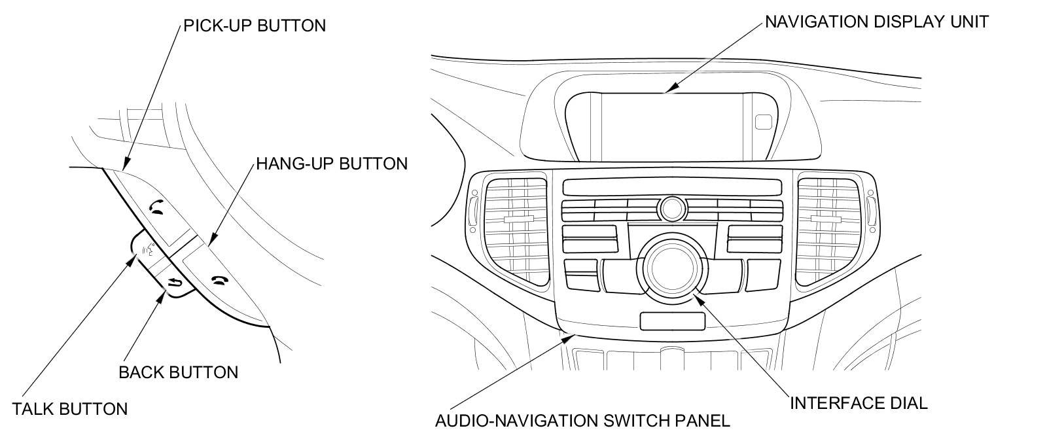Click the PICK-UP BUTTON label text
pos(254,26)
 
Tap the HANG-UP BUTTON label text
pos(332,163)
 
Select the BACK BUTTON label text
pos(178,372)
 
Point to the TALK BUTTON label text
pos(70,409)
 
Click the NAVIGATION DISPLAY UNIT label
pos(877,22)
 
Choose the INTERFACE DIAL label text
pos(859,402)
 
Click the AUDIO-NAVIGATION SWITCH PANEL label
pos(582,420)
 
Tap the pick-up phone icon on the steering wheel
pos(156,208)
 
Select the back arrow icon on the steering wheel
pos(174,283)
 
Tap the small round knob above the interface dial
pos(671,209)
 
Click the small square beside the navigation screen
pos(764,122)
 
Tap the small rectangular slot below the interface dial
pos(671,321)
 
